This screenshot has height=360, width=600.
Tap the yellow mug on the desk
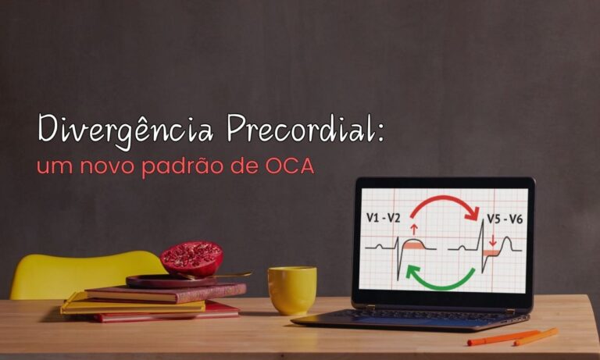pos(291,290)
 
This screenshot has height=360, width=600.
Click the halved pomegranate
pos(191,258)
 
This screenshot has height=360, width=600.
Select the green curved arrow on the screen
pos(442,278)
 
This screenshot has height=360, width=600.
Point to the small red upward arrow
pos(414,230)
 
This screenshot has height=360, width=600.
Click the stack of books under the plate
pos(156,301)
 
